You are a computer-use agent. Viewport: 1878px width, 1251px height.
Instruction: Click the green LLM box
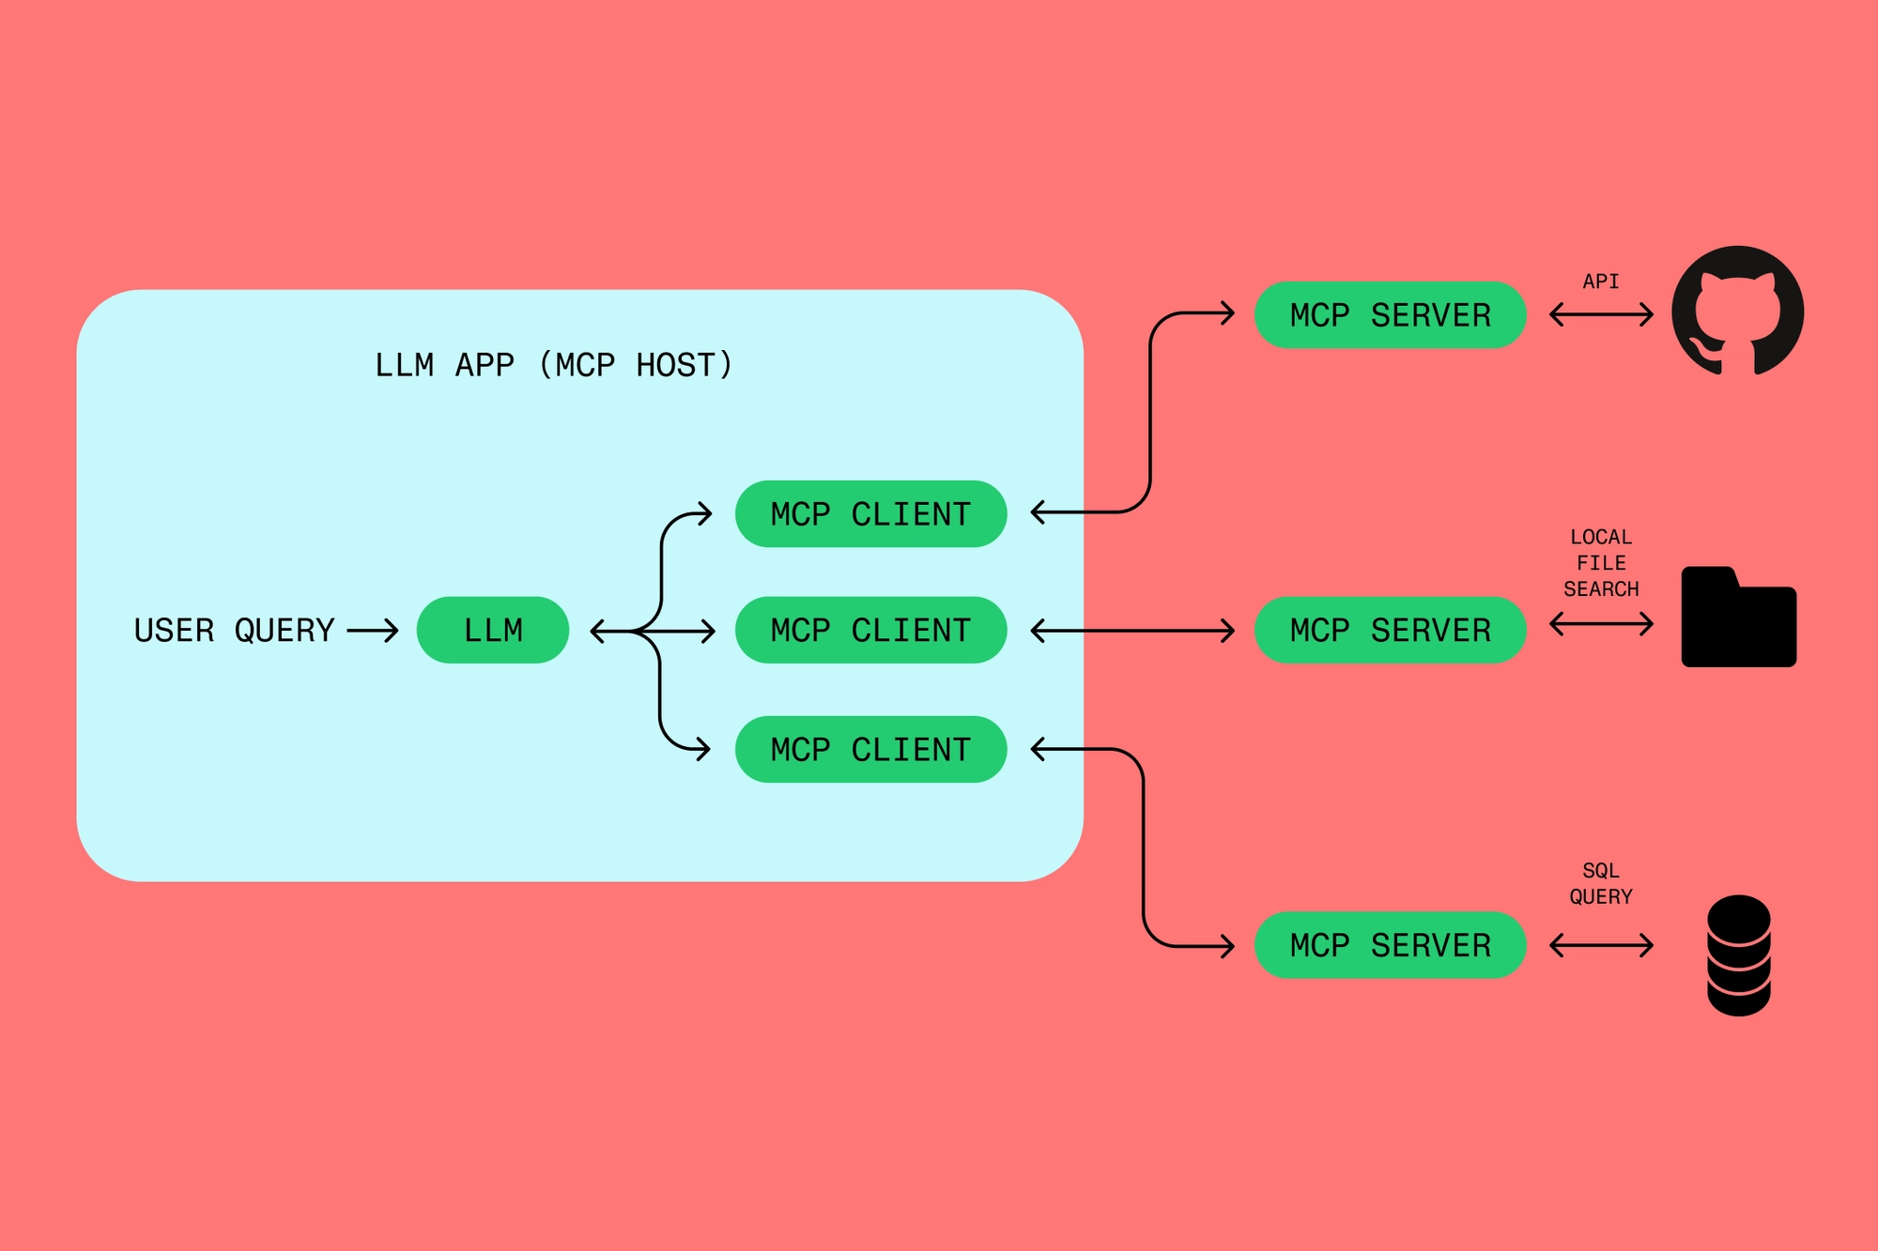coord(492,630)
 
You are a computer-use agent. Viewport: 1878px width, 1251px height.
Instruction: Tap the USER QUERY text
coord(234,631)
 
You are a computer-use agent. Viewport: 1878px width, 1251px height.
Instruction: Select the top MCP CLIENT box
coord(870,513)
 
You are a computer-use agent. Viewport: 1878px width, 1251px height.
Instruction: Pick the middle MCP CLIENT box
coord(870,630)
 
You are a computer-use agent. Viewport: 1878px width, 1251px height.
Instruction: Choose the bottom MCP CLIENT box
coord(870,749)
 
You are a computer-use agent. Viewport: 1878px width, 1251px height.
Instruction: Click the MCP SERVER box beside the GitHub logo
coord(1390,314)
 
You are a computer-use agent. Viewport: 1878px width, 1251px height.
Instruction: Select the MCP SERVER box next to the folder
coord(1390,630)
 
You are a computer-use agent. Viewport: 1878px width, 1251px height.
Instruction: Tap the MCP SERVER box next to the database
coord(1390,945)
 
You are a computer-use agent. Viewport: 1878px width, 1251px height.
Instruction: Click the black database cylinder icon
coord(1738,955)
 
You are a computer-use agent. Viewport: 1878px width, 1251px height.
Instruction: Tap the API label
coord(1601,282)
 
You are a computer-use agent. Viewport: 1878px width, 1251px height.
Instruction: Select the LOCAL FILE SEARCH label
coord(1601,563)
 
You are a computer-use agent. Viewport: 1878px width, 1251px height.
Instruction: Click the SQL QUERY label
coord(1601,883)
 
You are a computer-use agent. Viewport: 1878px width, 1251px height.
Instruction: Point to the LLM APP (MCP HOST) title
coord(553,365)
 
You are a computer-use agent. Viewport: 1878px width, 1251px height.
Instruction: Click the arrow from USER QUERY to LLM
coord(373,631)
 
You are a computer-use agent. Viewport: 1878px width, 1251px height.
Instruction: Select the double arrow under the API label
coord(1601,314)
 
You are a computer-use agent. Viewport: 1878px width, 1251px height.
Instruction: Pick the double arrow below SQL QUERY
coord(1601,945)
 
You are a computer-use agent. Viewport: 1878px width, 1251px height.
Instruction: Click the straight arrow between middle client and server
coord(1131,631)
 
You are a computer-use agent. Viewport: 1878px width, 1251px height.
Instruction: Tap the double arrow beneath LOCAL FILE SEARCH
coord(1601,623)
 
